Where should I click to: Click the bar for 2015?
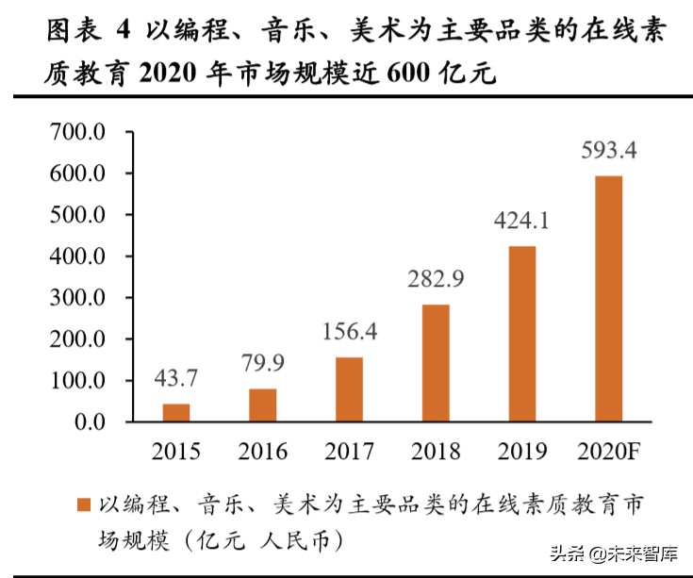pyautogui.click(x=176, y=412)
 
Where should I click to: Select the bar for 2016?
pyautogui.click(x=263, y=405)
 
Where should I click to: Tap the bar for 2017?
pyautogui.click(x=349, y=389)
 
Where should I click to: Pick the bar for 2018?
pyautogui.click(x=436, y=363)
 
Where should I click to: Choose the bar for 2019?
pyautogui.click(x=522, y=334)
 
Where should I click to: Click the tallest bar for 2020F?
pyautogui.click(x=609, y=299)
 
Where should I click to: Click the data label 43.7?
pyautogui.click(x=176, y=379)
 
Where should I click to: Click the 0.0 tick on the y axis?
pyautogui.click(x=92, y=422)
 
